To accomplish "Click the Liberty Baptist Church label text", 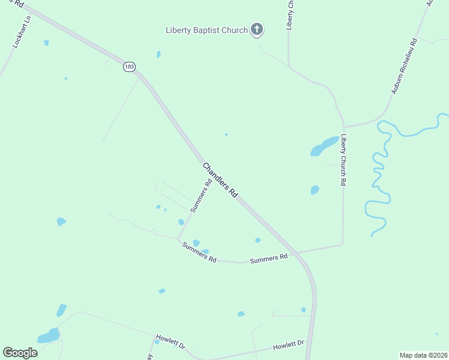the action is point(206,30).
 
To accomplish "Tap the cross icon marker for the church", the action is point(257,29).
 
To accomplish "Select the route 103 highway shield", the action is point(129,67).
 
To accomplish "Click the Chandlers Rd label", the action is point(220,180).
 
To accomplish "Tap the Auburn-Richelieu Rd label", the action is point(403,67).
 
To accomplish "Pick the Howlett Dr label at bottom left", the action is point(171,341).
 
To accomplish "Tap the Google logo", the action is point(20,353).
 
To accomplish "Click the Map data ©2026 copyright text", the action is point(423,355).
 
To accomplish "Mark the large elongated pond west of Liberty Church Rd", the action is point(324,146).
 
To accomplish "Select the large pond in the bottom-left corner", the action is point(49,335).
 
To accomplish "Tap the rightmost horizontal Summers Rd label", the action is point(268,259).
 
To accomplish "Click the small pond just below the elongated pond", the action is point(315,190).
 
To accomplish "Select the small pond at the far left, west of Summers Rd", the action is point(61,221).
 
